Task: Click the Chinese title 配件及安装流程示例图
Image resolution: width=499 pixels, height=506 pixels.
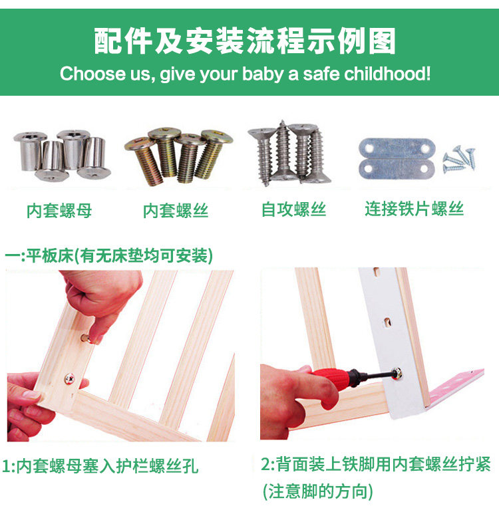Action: [x=245, y=41]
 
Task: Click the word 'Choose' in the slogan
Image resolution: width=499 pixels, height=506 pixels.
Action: [x=92, y=74]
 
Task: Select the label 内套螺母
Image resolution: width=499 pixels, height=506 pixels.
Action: [x=59, y=211]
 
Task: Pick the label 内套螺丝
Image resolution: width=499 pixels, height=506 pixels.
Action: [x=176, y=211]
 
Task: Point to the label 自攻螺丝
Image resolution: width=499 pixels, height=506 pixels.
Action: [x=293, y=209]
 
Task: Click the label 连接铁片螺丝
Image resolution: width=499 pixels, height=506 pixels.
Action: [x=415, y=209]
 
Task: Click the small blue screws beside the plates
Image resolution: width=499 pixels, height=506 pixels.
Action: [x=458, y=159]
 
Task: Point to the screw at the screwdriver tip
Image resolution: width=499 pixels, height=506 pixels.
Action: [x=397, y=374]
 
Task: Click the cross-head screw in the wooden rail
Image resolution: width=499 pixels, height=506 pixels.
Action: [x=69, y=378]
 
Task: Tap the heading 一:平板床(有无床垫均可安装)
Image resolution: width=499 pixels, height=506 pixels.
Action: [x=109, y=256]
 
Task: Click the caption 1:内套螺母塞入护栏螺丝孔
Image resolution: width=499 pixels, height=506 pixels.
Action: [x=100, y=466]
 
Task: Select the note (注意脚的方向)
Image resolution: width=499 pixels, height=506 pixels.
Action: [x=318, y=491]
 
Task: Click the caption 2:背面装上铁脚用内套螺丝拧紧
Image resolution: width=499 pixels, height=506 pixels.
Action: [x=376, y=464]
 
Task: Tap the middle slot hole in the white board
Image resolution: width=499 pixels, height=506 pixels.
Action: [x=387, y=322]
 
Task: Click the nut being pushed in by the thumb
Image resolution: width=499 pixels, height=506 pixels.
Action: [x=86, y=338]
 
